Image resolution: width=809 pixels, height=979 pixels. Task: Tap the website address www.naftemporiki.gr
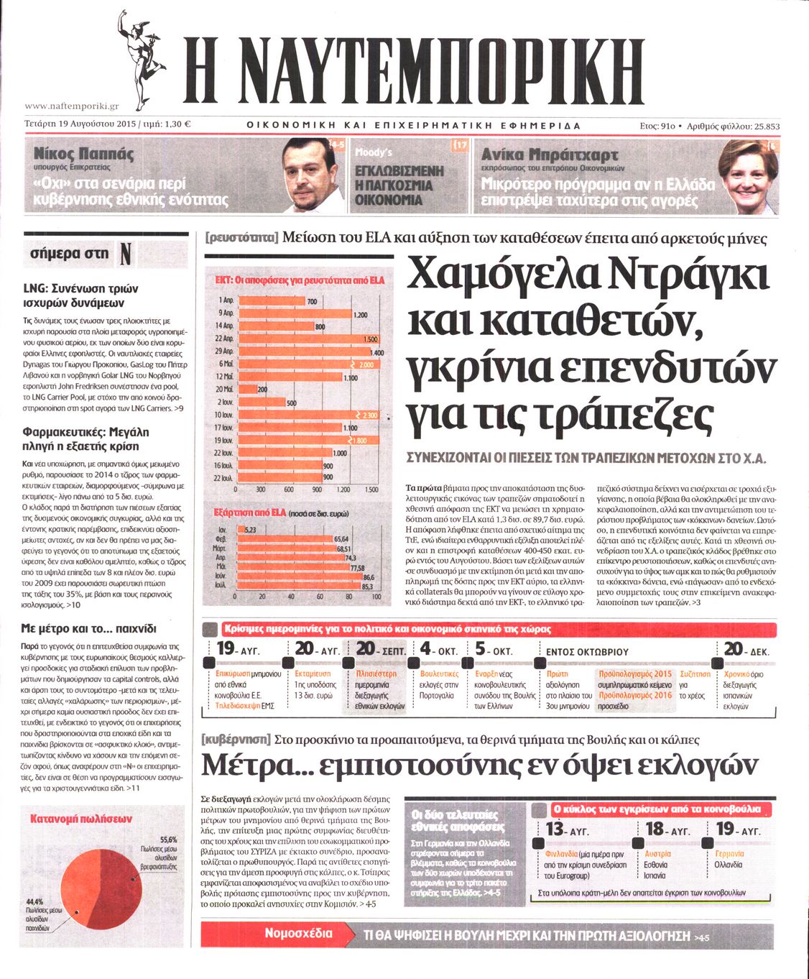[71, 106]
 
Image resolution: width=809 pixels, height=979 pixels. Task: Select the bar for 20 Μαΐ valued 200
[246, 389]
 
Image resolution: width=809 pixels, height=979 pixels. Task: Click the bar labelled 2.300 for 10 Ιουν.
[308, 415]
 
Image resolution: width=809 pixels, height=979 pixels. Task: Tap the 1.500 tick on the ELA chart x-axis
[371, 489]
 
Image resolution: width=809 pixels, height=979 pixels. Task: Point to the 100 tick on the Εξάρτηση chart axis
[376, 597]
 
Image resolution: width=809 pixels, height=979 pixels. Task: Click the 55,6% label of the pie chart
[168, 839]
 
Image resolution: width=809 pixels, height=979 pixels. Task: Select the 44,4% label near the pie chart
[34, 901]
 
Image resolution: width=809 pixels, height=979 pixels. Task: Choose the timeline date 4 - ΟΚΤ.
[438, 650]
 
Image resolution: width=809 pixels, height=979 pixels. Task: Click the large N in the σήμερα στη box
[125, 254]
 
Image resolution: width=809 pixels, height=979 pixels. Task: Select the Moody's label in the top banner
[374, 152]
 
